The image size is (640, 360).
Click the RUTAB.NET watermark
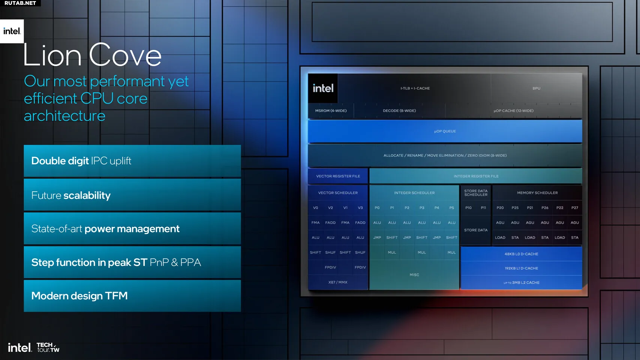point(20,3)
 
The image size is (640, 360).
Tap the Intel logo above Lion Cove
point(12,31)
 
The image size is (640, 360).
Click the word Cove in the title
point(125,55)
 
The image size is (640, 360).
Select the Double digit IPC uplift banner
point(132,161)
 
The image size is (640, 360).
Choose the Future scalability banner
point(132,195)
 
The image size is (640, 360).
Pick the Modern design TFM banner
point(132,296)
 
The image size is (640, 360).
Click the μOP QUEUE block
point(445,131)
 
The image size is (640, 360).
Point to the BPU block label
point(536,88)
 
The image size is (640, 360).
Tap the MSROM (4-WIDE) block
point(331,111)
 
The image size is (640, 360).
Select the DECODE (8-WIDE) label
point(399,111)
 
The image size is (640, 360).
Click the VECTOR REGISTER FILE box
point(338,176)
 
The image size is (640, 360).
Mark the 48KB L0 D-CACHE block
point(522,254)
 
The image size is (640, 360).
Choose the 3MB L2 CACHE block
point(522,283)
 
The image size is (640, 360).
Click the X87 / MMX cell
point(338,282)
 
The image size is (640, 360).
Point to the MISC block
point(414,275)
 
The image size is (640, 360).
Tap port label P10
point(468,208)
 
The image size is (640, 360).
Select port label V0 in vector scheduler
point(315,208)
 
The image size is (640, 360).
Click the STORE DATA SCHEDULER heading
point(476,193)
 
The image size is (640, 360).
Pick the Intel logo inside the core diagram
point(323,88)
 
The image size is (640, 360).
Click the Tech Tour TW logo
point(48,347)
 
